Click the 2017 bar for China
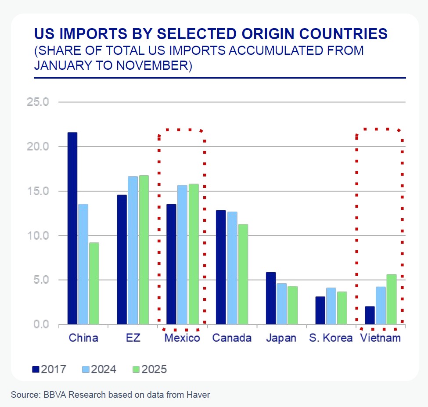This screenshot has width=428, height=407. point(72,228)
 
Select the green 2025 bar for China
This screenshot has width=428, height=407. point(94,284)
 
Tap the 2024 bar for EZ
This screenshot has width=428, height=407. point(133,250)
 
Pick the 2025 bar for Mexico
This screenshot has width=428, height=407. point(194,254)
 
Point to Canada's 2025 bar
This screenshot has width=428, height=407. point(243,274)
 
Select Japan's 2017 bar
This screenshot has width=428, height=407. point(271,299)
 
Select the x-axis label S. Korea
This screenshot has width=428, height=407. point(331,338)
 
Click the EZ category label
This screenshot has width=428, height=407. point(133,338)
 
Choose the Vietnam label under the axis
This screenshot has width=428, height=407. point(380,338)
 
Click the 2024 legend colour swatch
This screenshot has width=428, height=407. point(86,369)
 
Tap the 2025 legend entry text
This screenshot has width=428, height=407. point(154,369)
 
